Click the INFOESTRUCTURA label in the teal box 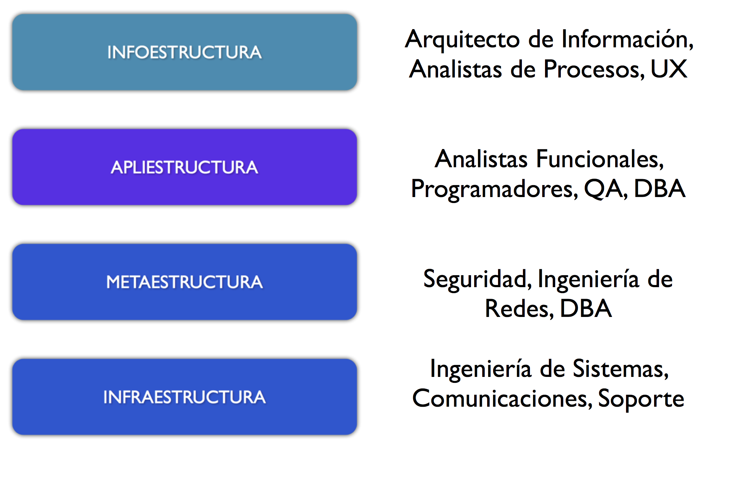pyautogui.click(x=184, y=52)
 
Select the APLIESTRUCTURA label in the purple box pyautogui.click(x=184, y=167)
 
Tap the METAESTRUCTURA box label pyautogui.click(x=184, y=282)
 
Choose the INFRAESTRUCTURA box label pyautogui.click(x=184, y=397)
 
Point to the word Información pyautogui.click(x=627, y=39)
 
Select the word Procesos pyautogui.click(x=594, y=69)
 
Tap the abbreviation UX pyautogui.click(x=669, y=69)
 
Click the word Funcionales pyautogui.click(x=600, y=159)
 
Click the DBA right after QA pyautogui.click(x=660, y=189)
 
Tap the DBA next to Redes pyautogui.click(x=586, y=309)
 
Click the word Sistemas pyautogui.click(x=621, y=369)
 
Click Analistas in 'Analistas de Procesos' pyautogui.click(x=456, y=69)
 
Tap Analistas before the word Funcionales pyautogui.click(x=481, y=159)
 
